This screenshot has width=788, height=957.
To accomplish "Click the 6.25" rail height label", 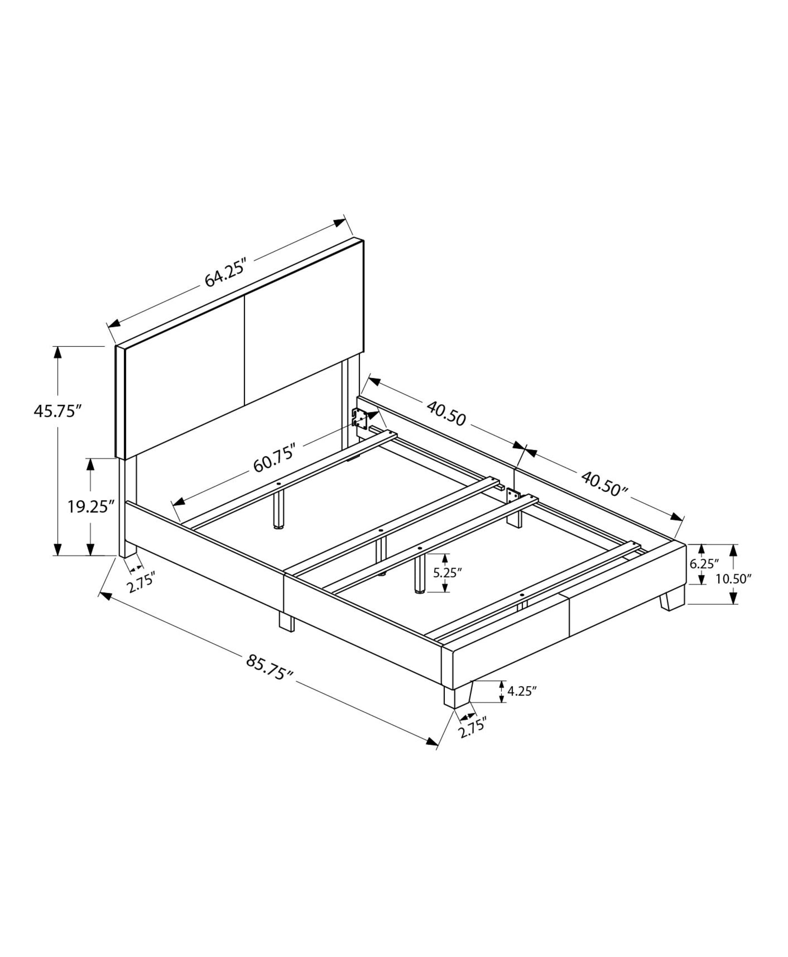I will (704, 564).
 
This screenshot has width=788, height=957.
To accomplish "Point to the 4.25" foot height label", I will (522, 690).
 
